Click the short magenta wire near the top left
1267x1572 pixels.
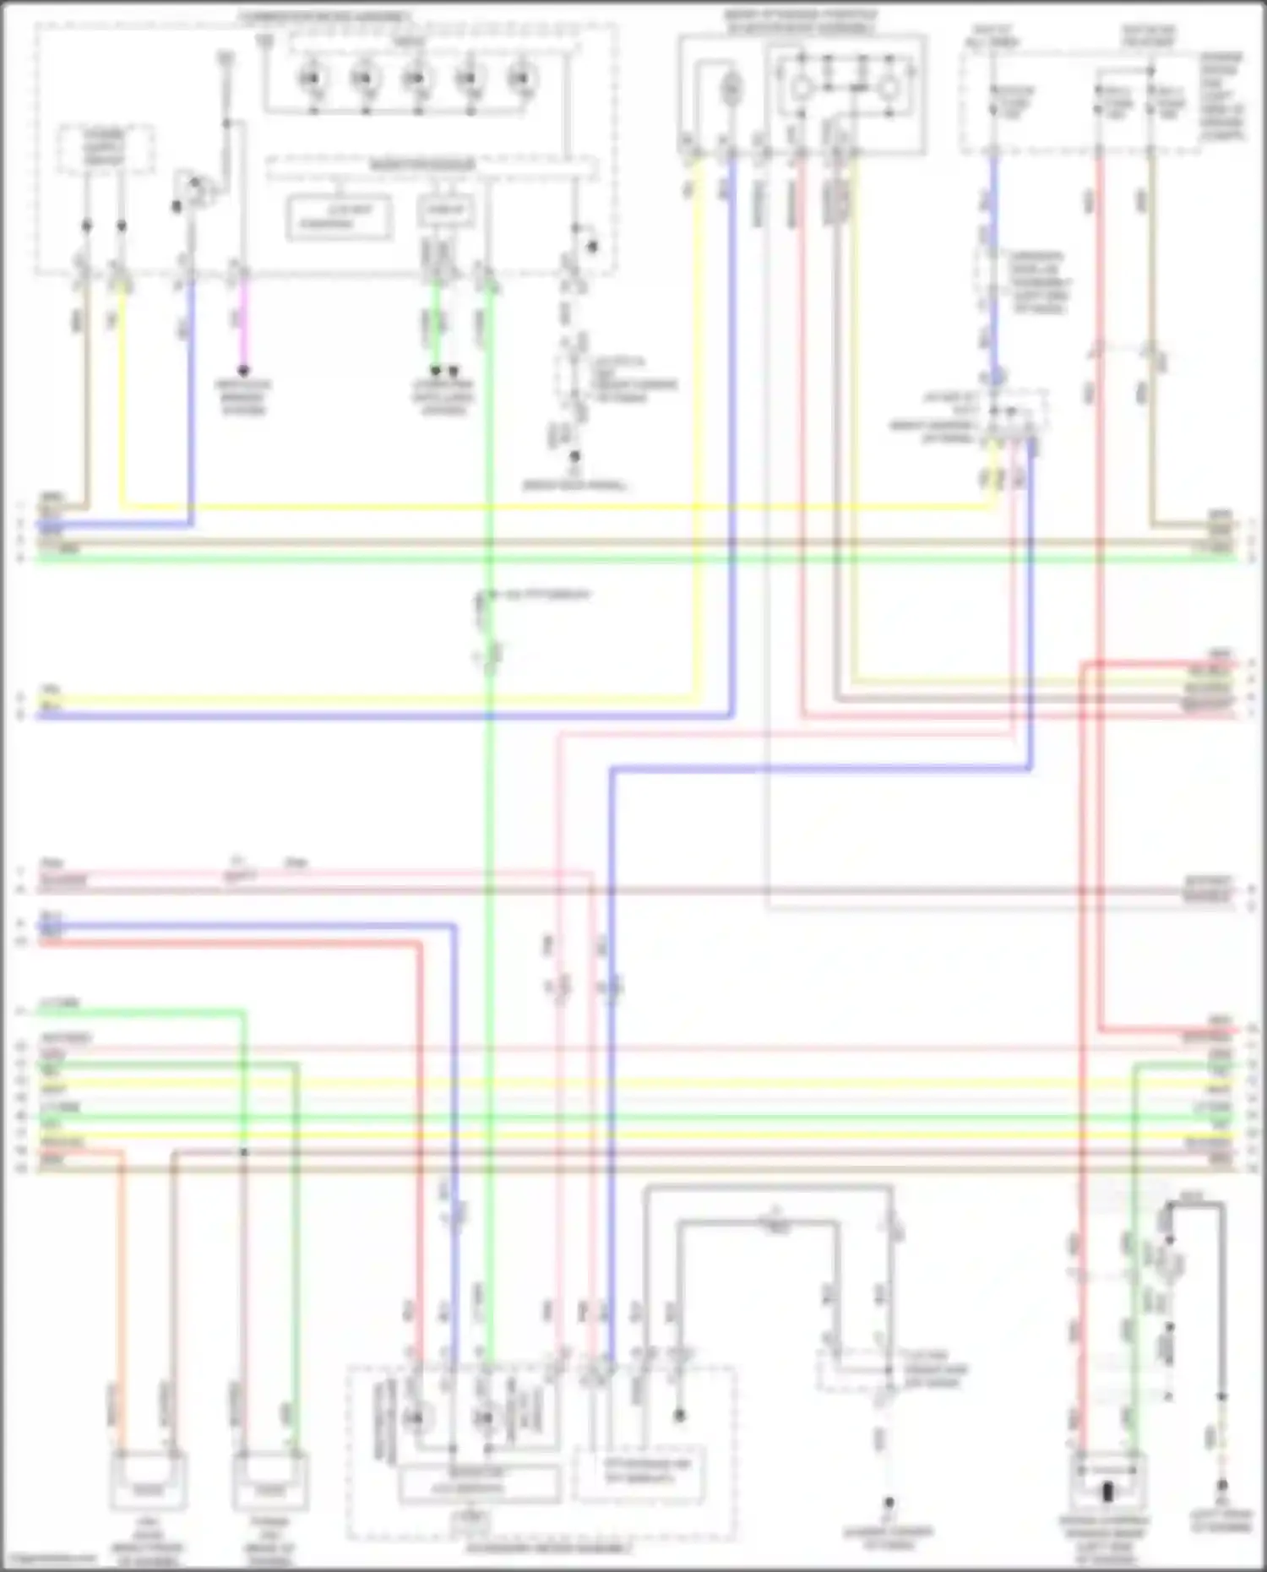tap(243, 321)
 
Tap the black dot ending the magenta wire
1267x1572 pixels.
tap(243, 371)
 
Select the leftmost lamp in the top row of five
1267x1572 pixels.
tap(309, 79)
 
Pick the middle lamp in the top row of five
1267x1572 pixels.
tap(415, 79)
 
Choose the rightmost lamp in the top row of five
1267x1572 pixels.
tap(519, 79)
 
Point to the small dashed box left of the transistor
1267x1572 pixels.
tap(106, 150)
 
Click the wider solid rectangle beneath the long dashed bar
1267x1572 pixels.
tap(340, 217)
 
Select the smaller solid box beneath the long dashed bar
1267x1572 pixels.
tap(445, 211)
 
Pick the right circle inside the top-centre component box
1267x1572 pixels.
tap(889, 87)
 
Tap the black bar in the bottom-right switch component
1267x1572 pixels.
tap(1107, 1492)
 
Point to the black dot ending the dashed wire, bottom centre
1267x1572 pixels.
tap(889, 1504)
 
